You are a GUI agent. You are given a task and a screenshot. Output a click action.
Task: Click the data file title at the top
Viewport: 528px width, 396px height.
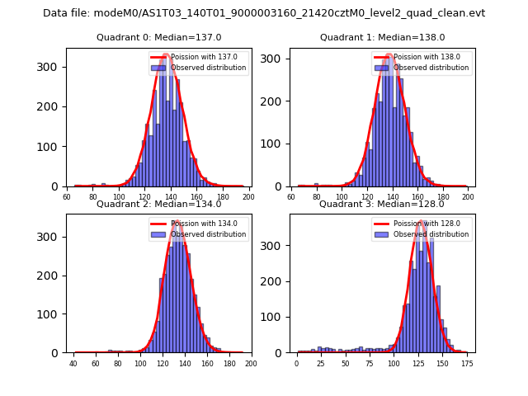264,13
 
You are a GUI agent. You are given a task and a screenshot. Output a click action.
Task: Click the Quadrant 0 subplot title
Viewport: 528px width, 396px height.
158,37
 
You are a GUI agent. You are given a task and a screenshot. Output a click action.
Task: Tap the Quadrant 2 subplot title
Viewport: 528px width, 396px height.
158,204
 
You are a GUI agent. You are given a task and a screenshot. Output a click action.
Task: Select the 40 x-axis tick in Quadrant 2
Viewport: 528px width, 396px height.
73,364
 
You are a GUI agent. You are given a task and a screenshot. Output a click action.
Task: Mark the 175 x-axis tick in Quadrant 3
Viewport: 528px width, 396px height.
466,364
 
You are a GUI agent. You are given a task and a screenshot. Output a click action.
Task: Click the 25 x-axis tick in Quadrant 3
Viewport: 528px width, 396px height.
321,364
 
